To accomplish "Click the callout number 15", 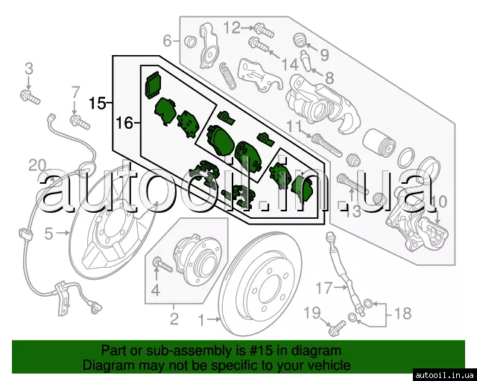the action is tap(98, 103).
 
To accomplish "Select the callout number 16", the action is tap(124, 123).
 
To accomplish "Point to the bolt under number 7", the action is tap(80, 121).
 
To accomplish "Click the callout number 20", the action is tap(37, 166).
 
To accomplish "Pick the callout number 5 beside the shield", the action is tap(48, 234).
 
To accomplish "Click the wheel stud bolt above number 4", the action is tap(162, 265).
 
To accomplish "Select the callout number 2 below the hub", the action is tap(174, 318).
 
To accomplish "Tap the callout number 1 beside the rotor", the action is tap(202, 320).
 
